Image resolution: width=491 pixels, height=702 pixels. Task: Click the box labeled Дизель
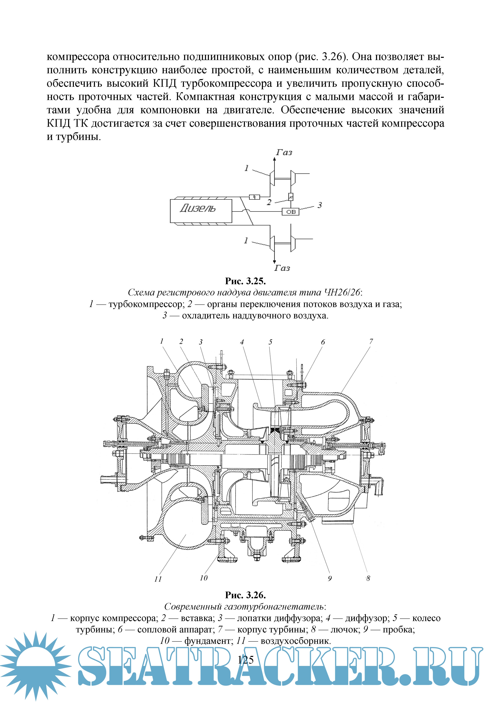(x=201, y=211)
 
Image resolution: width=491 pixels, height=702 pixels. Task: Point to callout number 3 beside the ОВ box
(x=319, y=205)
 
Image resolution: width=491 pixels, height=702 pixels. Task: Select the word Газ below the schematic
(x=282, y=268)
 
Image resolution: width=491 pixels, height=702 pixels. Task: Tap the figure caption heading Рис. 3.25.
(x=245, y=281)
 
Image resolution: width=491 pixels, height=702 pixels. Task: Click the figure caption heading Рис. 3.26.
(x=245, y=595)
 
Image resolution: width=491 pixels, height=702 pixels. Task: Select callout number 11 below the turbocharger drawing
(x=158, y=579)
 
